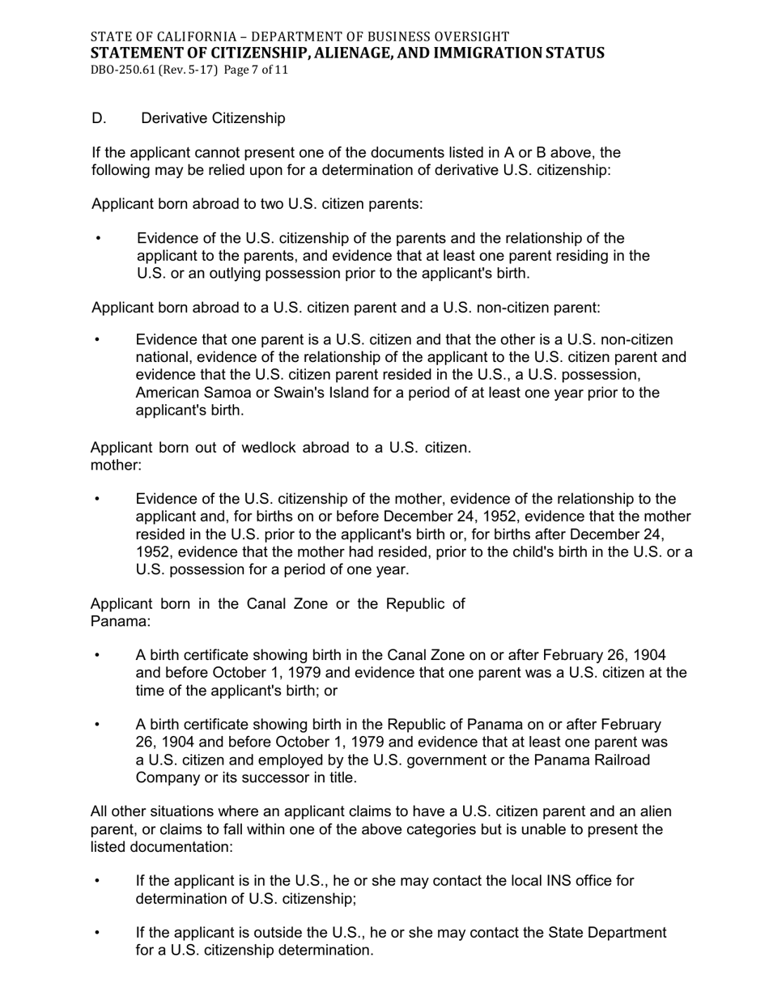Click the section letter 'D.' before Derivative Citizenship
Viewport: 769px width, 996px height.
(99, 118)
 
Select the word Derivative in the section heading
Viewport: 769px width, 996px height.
(174, 118)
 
